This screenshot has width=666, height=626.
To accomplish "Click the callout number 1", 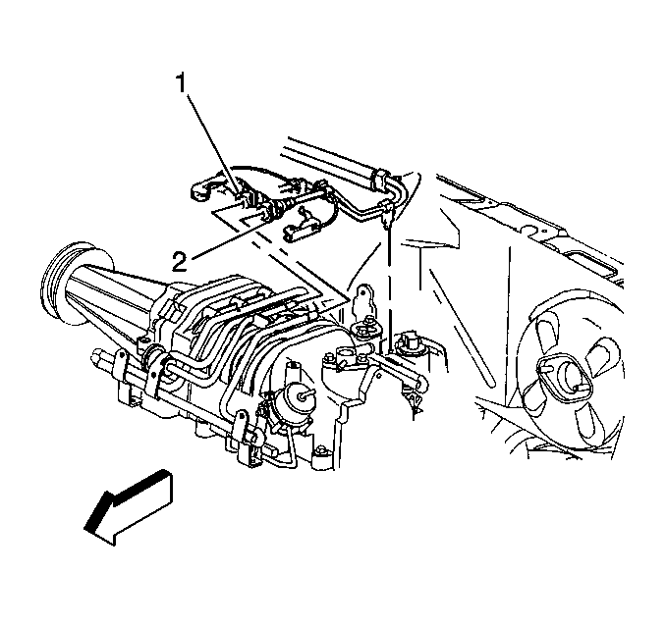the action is [x=182, y=82].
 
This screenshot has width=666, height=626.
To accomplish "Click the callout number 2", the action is [x=179, y=261].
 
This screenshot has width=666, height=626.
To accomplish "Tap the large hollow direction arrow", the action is [x=129, y=506].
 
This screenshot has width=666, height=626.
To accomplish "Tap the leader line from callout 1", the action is [x=210, y=139].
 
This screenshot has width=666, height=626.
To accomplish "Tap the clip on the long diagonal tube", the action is [x=379, y=179].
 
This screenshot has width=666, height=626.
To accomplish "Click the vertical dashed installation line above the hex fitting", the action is [x=389, y=288].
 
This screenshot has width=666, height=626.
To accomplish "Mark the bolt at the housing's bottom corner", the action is [x=321, y=449].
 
